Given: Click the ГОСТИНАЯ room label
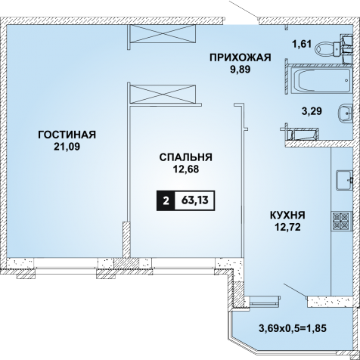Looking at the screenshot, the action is point(67,135).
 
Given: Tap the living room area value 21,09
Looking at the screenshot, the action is point(67,147).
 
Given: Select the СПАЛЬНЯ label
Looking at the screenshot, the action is point(186,157).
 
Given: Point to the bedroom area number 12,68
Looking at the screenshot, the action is point(186,169).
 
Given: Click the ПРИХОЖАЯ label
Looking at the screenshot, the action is point(241,57).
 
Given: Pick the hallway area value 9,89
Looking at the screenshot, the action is point(241,70).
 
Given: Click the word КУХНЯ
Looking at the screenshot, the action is point(287,216).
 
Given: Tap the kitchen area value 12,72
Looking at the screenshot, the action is point(287,227).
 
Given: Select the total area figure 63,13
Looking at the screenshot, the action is point(195,200).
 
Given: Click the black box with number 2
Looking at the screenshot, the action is point(166,200).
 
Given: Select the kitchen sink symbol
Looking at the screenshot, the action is point(344,180).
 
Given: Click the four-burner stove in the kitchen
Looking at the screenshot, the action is point(341,220).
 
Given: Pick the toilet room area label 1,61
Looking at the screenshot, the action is point(302,45).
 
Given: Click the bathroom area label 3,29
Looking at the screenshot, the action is point(312,111).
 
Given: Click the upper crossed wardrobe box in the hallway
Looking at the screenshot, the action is point(162,33).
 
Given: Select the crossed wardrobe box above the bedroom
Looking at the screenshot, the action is point(163,94).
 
